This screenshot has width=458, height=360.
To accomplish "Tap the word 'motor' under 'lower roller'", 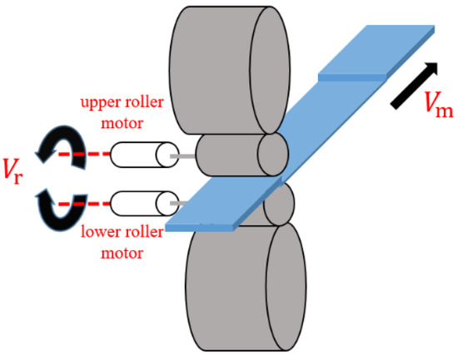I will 122,256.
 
